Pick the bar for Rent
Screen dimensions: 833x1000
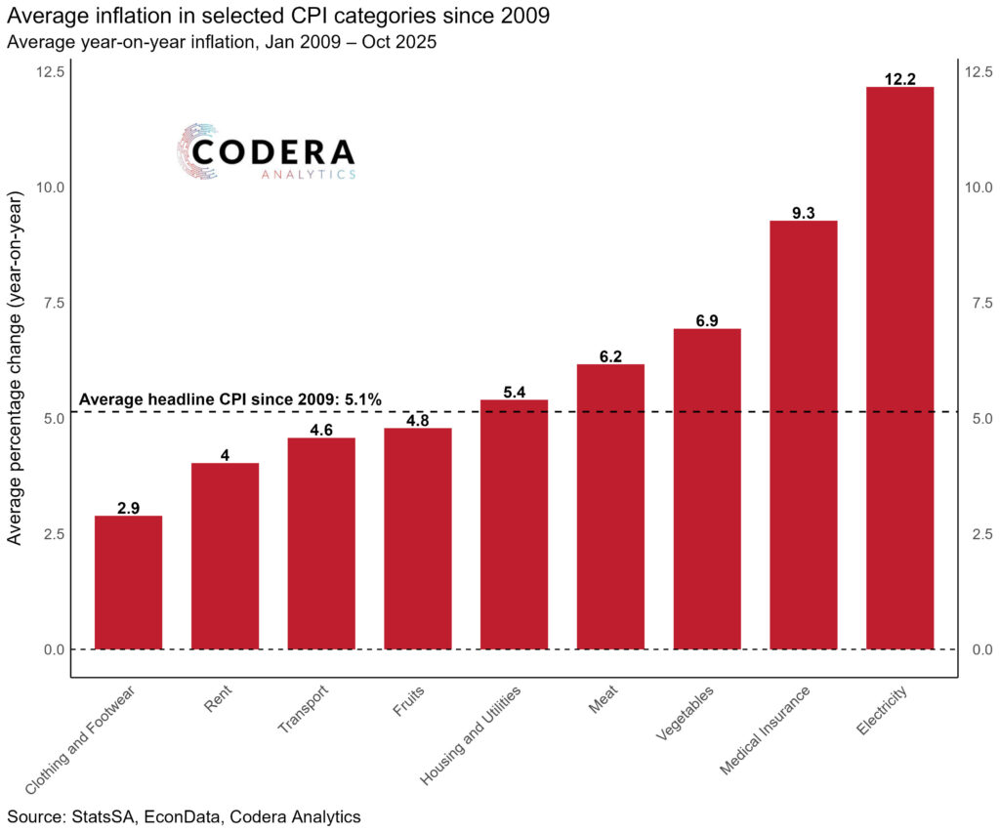225,556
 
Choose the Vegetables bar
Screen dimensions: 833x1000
706,488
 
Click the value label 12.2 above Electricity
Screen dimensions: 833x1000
899,79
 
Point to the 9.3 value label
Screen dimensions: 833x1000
803,213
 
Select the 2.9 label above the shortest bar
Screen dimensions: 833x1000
128,508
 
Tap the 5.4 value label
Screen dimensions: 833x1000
514,393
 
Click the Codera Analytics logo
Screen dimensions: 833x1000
267,152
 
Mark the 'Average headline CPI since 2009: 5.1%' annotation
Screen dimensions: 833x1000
229,399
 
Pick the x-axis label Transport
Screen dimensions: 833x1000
303,711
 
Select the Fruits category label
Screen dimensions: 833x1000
407,704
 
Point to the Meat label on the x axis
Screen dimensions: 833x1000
603,702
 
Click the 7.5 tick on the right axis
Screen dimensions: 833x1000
978,303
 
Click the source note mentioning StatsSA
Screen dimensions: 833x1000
184,816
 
